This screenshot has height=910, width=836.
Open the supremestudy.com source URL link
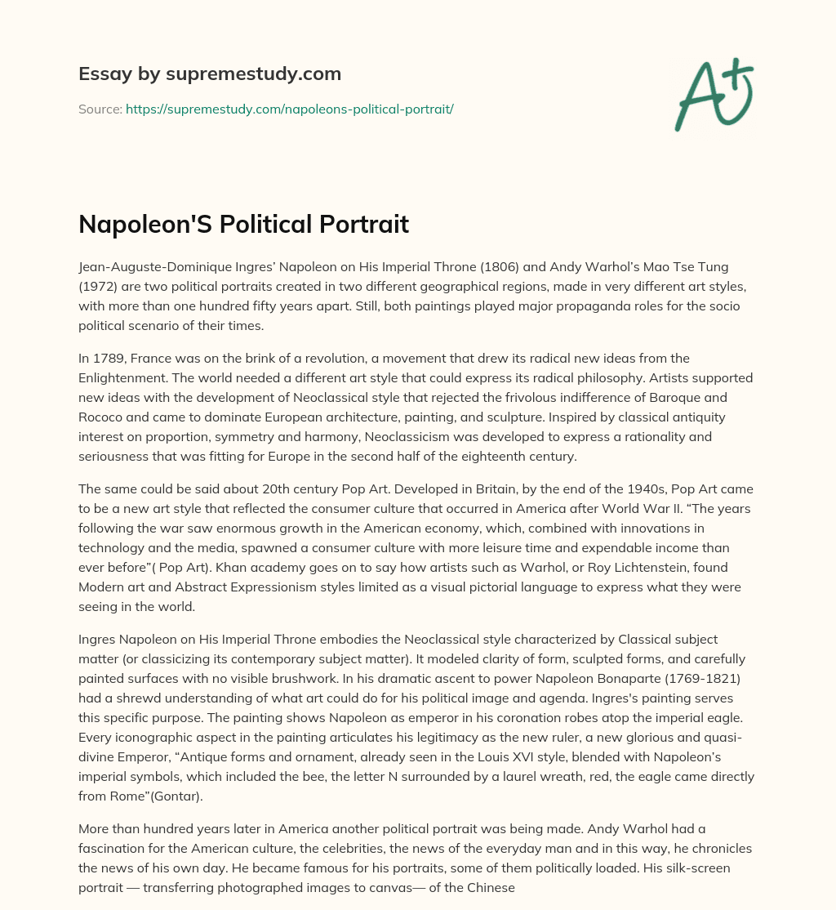289,109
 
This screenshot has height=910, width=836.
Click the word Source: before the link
100,109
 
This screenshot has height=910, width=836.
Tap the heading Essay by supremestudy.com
210,74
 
